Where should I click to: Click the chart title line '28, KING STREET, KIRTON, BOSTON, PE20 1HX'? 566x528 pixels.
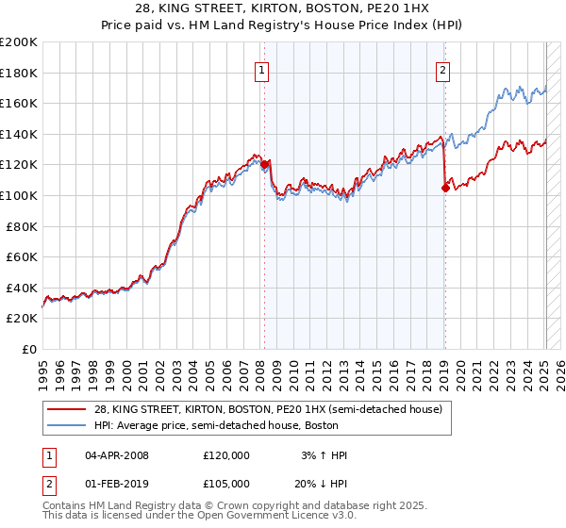tap(282, 8)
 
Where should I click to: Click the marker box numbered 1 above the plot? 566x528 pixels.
tap(260, 68)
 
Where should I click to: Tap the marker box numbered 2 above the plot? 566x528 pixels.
tap(442, 68)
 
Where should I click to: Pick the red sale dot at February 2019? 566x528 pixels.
tap(445, 188)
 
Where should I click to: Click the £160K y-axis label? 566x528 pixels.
tap(19, 103)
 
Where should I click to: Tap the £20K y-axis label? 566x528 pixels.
tap(22, 319)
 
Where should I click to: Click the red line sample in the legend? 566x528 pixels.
tap(67, 409)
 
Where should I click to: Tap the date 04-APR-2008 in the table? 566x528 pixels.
tap(117, 455)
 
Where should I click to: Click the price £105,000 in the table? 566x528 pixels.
tap(226, 484)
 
